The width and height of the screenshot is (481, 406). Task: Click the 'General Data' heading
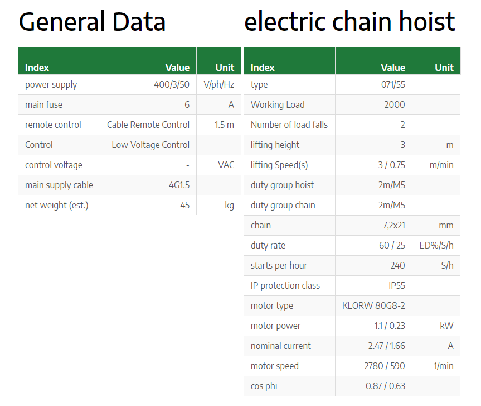coord(92,22)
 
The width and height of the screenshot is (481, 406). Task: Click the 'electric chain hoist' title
coord(349,21)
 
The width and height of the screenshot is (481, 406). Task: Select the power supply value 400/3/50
coord(172,84)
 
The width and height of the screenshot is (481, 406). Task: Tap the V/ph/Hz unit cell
coord(218,84)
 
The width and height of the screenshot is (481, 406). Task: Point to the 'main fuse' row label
coord(43,105)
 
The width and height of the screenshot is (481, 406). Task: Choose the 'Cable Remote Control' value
coord(148,125)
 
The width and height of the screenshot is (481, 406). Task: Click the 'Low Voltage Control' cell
coord(150,145)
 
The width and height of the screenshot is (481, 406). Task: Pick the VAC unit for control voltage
coord(226,165)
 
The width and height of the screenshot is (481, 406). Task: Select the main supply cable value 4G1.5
coord(179,185)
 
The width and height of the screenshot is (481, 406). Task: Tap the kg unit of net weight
coord(230,206)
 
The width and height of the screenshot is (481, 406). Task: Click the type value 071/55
coord(393,84)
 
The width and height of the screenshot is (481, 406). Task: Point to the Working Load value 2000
coord(395,105)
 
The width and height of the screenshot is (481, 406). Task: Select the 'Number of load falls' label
coord(289,125)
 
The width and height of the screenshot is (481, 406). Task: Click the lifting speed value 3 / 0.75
coord(391,165)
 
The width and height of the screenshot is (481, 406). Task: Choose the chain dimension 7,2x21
coord(394,225)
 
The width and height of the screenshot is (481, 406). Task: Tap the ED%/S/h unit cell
coord(436,245)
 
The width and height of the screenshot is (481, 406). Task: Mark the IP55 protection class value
coord(397,285)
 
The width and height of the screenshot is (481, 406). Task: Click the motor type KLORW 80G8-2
coord(373,305)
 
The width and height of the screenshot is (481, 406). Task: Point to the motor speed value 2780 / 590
coord(385,366)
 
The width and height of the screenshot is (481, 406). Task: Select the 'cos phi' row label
coord(264,386)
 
